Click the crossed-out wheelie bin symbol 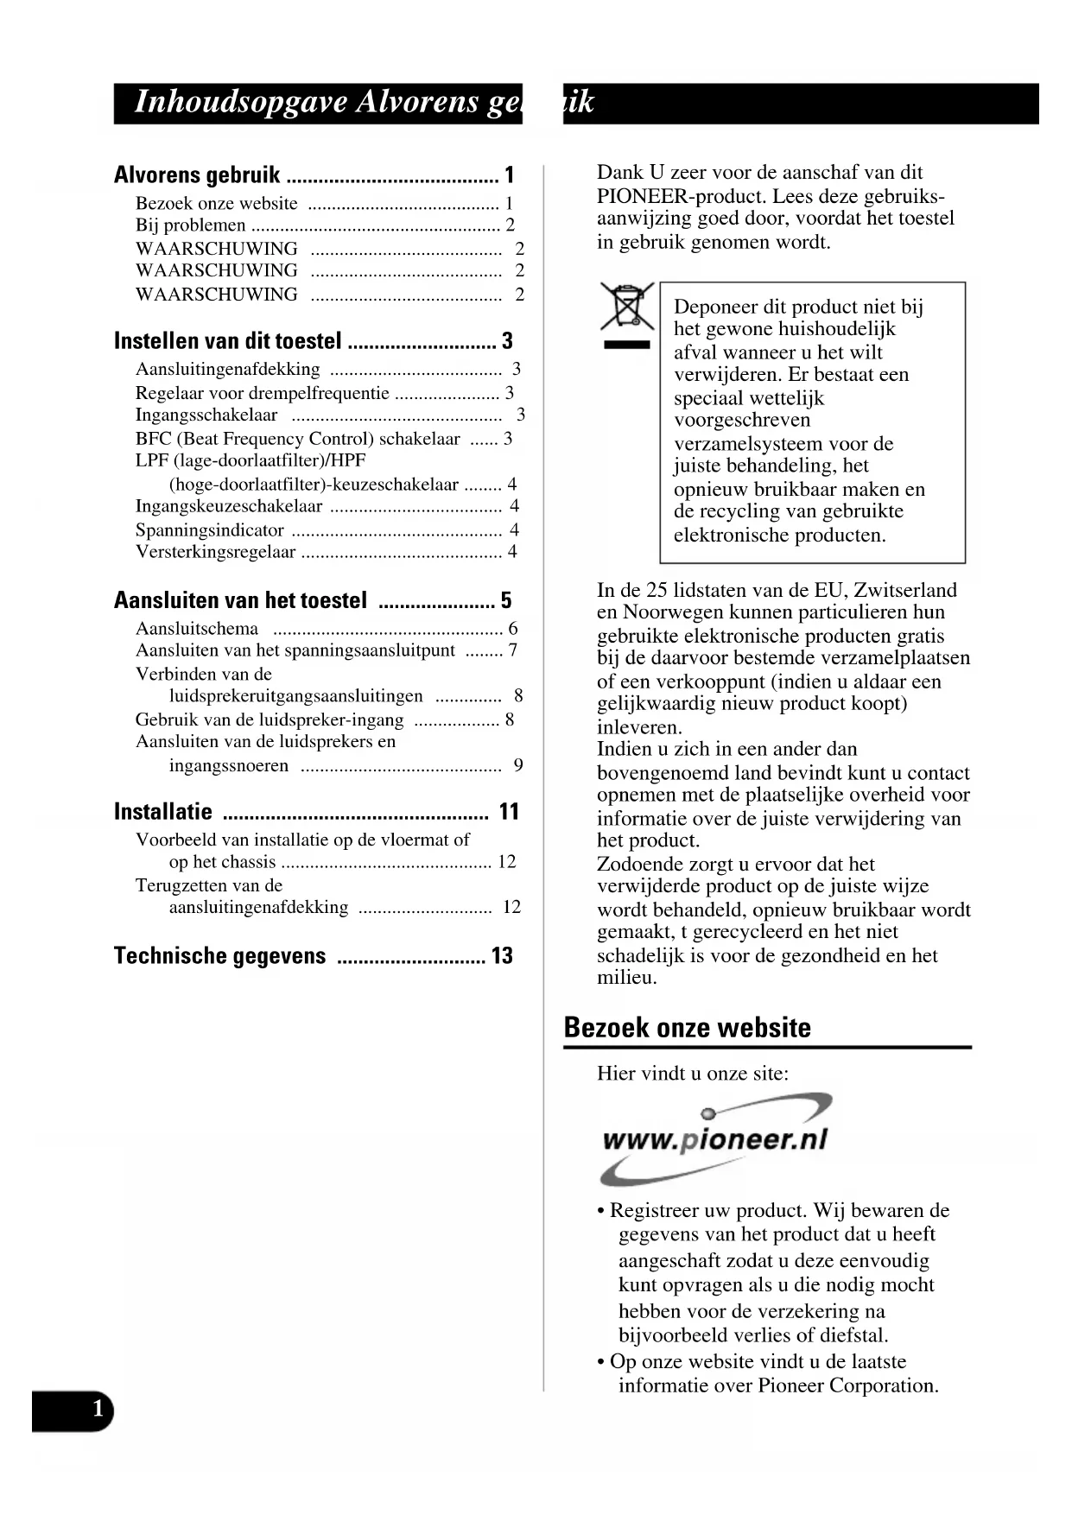(627, 307)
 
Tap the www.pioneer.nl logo (715, 1139)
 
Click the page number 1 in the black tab (98, 1409)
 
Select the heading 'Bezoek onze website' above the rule (687, 1028)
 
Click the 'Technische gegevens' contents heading (220, 956)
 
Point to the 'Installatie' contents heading (163, 812)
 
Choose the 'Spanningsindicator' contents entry (210, 530)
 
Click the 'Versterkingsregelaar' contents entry (215, 552)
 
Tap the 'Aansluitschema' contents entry (197, 629)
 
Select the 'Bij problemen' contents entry (191, 225)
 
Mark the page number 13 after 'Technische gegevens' (502, 956)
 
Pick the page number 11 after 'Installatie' (509, 812)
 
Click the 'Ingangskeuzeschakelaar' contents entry (229, 506)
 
